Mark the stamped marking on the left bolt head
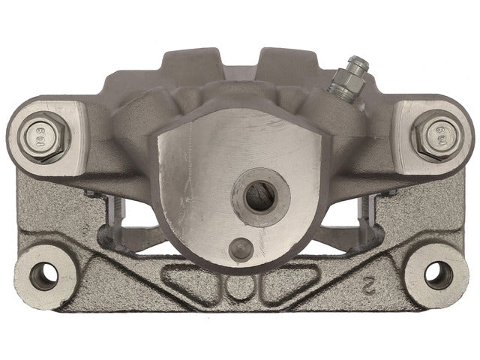click(40, 136)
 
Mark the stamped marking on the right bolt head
click(439, 137)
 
